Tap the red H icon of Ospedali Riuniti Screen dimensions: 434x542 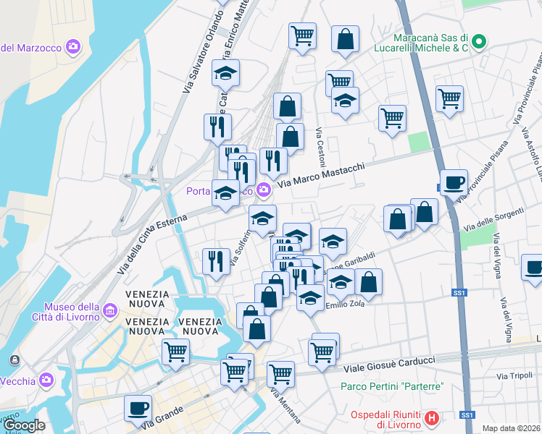coord(433,418)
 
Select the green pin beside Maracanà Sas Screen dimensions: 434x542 coord(478,43)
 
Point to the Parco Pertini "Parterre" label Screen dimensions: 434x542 coord(392,386)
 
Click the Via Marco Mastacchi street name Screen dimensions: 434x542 coord(322,176)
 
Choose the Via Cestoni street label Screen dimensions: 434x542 coord(320,145)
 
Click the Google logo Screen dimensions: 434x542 coord(24,426)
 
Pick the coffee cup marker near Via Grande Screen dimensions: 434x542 coord(138,408)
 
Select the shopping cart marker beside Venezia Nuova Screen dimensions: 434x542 coord(176,352)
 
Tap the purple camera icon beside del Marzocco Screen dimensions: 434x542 coord(73,48)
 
